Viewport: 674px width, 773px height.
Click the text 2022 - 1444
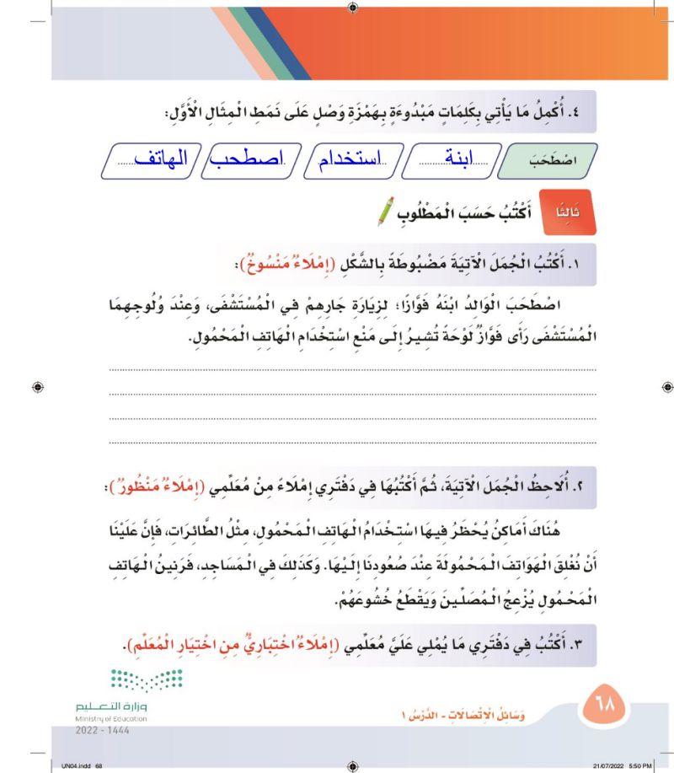point(98,733)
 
